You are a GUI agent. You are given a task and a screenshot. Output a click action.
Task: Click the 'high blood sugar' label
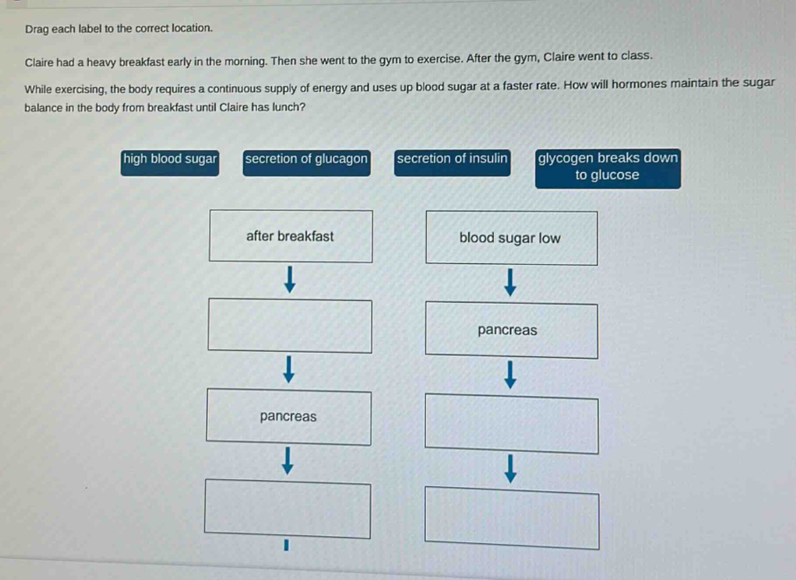(x=170, y=163)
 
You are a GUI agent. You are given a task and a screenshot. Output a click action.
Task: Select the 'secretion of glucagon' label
(x=306, y=163)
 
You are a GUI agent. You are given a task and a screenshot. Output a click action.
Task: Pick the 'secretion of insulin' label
(x=452, y=162)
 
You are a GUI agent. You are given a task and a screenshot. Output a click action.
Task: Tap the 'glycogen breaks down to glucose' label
(x=608, y=168)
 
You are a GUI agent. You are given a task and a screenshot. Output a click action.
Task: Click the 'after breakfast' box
(x=291, y=236)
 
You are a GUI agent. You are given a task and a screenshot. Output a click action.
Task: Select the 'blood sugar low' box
(x=511, y=238)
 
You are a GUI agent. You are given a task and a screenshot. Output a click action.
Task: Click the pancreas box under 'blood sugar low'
(x=511, y=330)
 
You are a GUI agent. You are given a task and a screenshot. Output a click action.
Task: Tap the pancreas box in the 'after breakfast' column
(x=288, y=417)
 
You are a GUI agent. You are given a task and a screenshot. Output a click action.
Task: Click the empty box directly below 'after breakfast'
(x=290, y=326)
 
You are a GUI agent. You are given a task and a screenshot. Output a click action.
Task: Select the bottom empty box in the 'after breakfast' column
(x=288, y=508)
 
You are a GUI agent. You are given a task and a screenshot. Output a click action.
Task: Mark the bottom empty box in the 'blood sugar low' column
(x=512, y=518)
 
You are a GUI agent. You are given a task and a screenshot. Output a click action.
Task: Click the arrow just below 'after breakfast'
(x=290, y=279)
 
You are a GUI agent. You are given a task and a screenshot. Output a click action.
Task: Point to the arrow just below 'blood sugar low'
(x=510, y=282)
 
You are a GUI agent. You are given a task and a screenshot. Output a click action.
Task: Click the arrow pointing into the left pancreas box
(x=288, y=369)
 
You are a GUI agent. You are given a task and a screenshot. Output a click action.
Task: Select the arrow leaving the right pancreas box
(x=510, y=375)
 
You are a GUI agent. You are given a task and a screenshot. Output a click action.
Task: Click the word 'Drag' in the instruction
(x=37, y=29)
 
